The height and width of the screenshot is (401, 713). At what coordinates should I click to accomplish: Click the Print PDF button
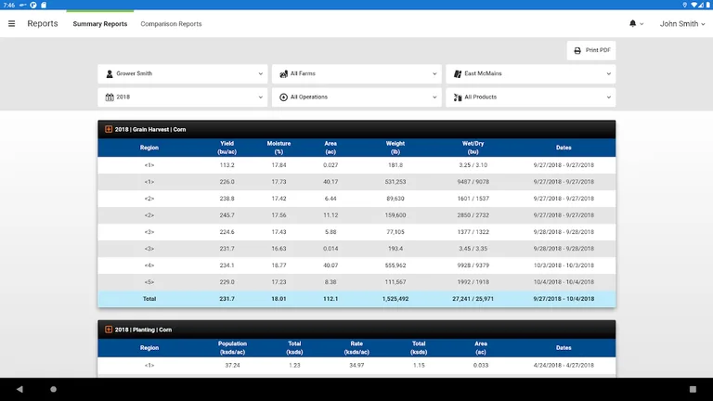[x=591, y=50]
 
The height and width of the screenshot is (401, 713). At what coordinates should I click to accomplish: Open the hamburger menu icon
[x=12, y=23]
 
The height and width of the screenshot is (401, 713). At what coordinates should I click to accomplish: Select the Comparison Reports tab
[x=171, y=24]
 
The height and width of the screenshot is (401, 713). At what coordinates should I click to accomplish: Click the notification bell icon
[x=633, y=23]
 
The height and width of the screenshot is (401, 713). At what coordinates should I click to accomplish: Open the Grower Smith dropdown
[x=182, y=73]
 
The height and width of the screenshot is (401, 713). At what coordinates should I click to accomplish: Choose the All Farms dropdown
[x=356, y=73]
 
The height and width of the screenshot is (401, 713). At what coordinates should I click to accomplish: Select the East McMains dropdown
[x=530, y=73]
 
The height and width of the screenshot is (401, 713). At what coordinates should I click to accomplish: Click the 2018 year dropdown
[x=182, y=97]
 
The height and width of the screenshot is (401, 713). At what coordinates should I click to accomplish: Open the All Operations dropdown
[x=356, y=97]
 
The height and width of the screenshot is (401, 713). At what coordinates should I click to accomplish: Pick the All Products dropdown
[x=530, y=97]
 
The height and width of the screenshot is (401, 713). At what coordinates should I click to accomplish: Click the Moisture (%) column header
[x=279, y=147]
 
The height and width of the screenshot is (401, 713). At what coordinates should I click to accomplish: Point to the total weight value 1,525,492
[x=395, y=299]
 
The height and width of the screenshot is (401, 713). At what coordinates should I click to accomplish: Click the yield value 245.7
[x=227, y=215]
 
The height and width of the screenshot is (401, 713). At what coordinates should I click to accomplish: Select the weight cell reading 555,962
[x=395, y=265]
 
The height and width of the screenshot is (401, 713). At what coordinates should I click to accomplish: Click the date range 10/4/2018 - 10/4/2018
[x=564, y=282]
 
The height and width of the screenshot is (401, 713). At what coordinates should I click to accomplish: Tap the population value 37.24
[x=232, y=366]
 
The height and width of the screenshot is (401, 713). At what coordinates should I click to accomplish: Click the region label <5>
[x=149, y=282]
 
